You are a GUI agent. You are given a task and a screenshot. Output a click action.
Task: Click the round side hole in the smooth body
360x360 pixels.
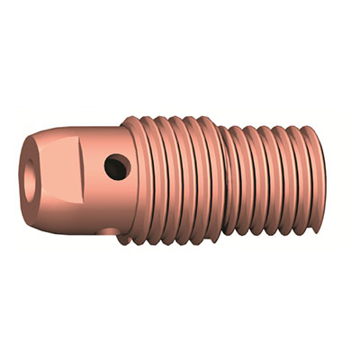coord(116,166)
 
